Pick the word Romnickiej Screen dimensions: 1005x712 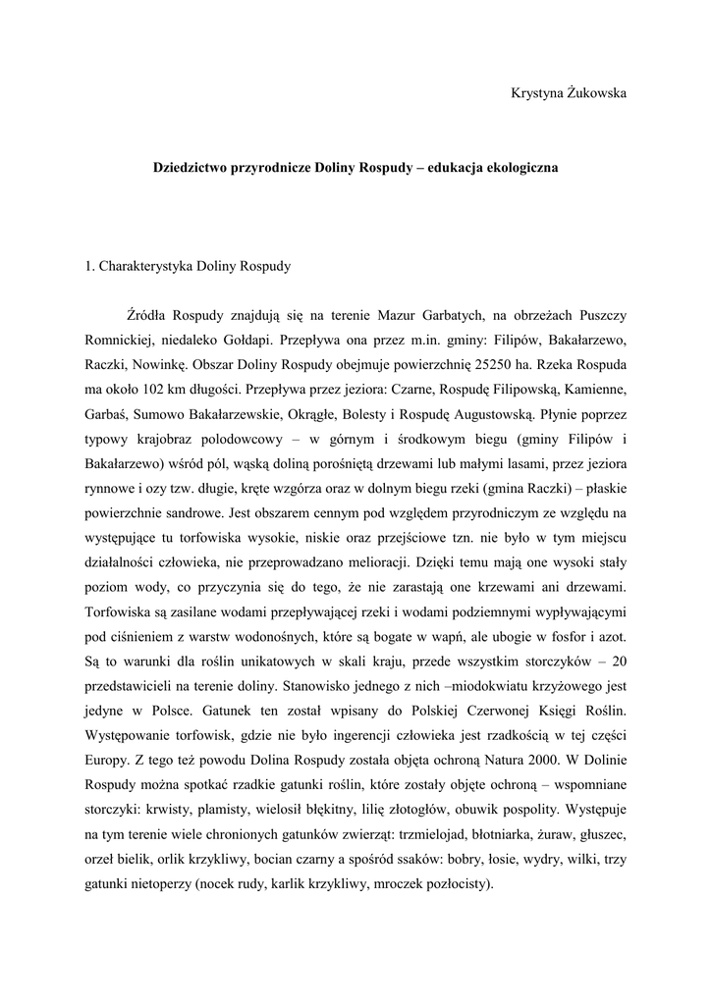[x=118, y=341]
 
